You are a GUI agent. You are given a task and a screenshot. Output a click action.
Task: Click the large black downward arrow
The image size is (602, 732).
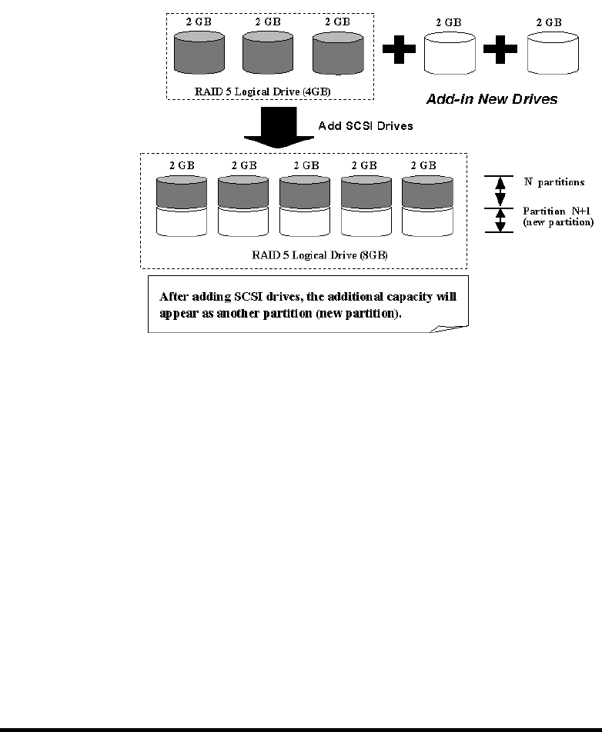tap(279, 127)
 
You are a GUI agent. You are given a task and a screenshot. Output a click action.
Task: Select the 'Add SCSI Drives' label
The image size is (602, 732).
tap(366, 126)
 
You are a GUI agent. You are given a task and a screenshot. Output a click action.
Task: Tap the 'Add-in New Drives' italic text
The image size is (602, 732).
tap(492, 99)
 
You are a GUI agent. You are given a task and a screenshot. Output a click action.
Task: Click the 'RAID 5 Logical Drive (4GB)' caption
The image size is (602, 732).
tap(263, 91)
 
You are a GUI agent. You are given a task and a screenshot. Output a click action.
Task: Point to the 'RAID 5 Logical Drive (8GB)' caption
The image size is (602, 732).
tap(319, 255)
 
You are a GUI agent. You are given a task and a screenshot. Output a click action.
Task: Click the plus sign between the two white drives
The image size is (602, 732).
tap(500, 49)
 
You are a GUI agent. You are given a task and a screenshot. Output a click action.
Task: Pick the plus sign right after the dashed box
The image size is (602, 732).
tap(399, 49)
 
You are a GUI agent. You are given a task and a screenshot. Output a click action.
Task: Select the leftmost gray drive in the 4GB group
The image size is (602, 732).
tap(199, 52)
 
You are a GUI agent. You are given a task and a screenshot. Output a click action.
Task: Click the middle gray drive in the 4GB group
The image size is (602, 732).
tap(268, 52)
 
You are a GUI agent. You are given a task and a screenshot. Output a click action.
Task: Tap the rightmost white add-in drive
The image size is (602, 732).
tap(553, 53)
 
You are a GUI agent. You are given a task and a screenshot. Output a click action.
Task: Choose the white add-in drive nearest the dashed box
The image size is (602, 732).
tap(450, 53)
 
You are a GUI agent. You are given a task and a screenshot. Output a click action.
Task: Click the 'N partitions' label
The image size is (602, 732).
tap(554, 182)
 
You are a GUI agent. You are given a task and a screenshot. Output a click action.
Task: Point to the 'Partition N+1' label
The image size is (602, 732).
tap(557, 211)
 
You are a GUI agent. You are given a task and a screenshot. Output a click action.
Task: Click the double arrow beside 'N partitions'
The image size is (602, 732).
tap(500, 191)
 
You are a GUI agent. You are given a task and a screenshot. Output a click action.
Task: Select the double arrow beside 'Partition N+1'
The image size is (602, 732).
tap(500, 220)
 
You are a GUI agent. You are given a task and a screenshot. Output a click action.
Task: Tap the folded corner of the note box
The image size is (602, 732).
tap(449, 328)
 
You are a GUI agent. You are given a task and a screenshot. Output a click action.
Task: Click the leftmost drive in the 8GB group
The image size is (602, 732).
tap(182, 206)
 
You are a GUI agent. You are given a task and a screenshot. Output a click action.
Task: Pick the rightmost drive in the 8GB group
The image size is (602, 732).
tap(428, 206)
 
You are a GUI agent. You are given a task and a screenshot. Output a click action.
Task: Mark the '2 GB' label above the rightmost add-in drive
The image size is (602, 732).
tap(549, 22)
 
